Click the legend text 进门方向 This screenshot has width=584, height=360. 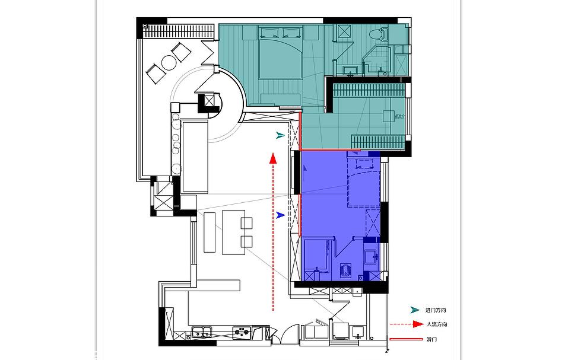coord(436,310)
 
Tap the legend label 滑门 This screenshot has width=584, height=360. coord(431,339)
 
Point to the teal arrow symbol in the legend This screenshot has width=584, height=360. coord(415,310)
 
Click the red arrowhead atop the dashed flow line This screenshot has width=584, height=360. coord(272,158)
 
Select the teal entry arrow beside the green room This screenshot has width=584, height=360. coord(280,136)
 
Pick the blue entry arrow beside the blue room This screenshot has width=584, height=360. coord(280,215)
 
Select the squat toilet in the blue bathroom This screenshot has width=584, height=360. coord(346,270)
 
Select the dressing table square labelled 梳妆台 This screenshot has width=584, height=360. coord(388,115)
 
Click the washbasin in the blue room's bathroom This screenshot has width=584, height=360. coord(371,256)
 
